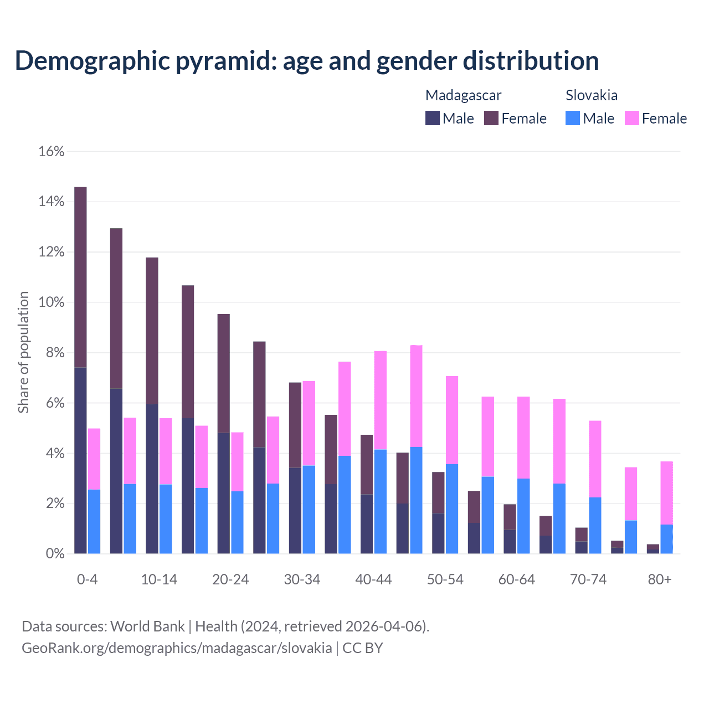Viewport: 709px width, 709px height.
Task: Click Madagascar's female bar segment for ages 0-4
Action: pyautogui.click(x=80, y=277)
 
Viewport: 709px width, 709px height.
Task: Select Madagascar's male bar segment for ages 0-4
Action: pyautogui.click(x=80, y=460)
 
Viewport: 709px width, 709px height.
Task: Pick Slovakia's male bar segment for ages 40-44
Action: pyautogui.click(x=381, y=501)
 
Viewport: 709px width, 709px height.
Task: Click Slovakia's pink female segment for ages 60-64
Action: pyautogui.click(x=523, y=437)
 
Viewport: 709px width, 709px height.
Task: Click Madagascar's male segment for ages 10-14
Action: pyautogui.click(x=152, y=479)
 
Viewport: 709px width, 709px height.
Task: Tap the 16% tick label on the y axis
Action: pyautogui.click(x=51, y=151)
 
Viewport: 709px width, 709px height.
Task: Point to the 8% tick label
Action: pyautogui.click(x=54, y=353)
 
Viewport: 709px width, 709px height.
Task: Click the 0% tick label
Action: pyautogui.click(x=54, y=554)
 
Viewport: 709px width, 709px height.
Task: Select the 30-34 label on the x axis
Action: pyautogui.click(x=302, y=579)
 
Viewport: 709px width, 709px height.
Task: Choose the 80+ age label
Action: pyautogui.click(x=660, y=579)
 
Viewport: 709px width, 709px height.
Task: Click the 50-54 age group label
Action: pyautogui.click(x=445, y=579)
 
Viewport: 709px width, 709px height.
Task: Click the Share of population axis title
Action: pyautogui.click(x=23, y=352)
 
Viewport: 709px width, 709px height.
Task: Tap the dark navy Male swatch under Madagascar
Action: pyautogui.click(x=433, y=118)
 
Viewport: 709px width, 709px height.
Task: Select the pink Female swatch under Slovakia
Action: pyautogui.click(x=632, y=118)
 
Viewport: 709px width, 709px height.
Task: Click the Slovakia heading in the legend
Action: pyautogui.click(x=592, y=95)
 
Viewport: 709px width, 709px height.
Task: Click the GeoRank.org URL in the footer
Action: pyautogui.click(x=177, y=648)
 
